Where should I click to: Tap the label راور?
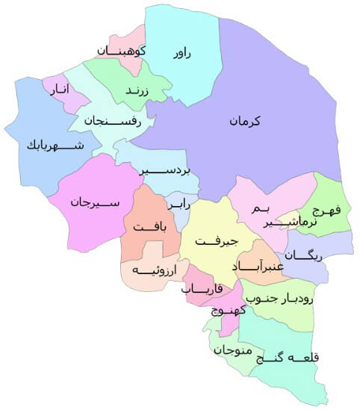(182, 53)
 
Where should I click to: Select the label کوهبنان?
(121, 51)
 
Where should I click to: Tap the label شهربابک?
(53, 144)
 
